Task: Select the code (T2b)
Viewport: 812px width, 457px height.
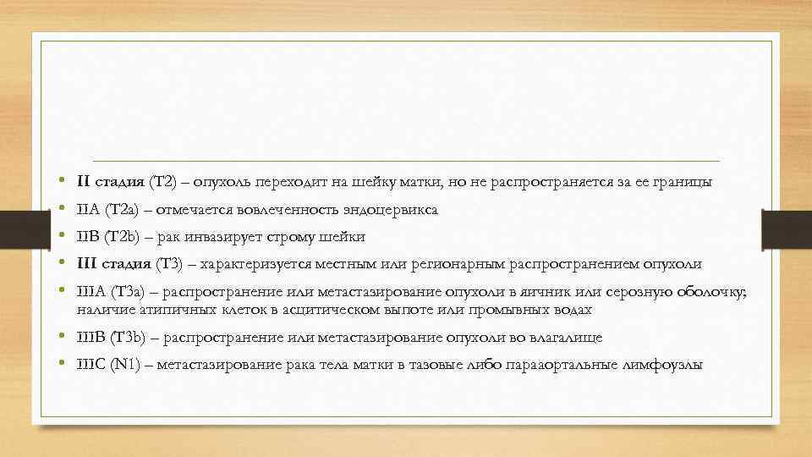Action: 126,237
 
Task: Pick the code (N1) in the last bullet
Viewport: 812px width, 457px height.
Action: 127,366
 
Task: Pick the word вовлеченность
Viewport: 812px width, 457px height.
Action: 292,209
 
